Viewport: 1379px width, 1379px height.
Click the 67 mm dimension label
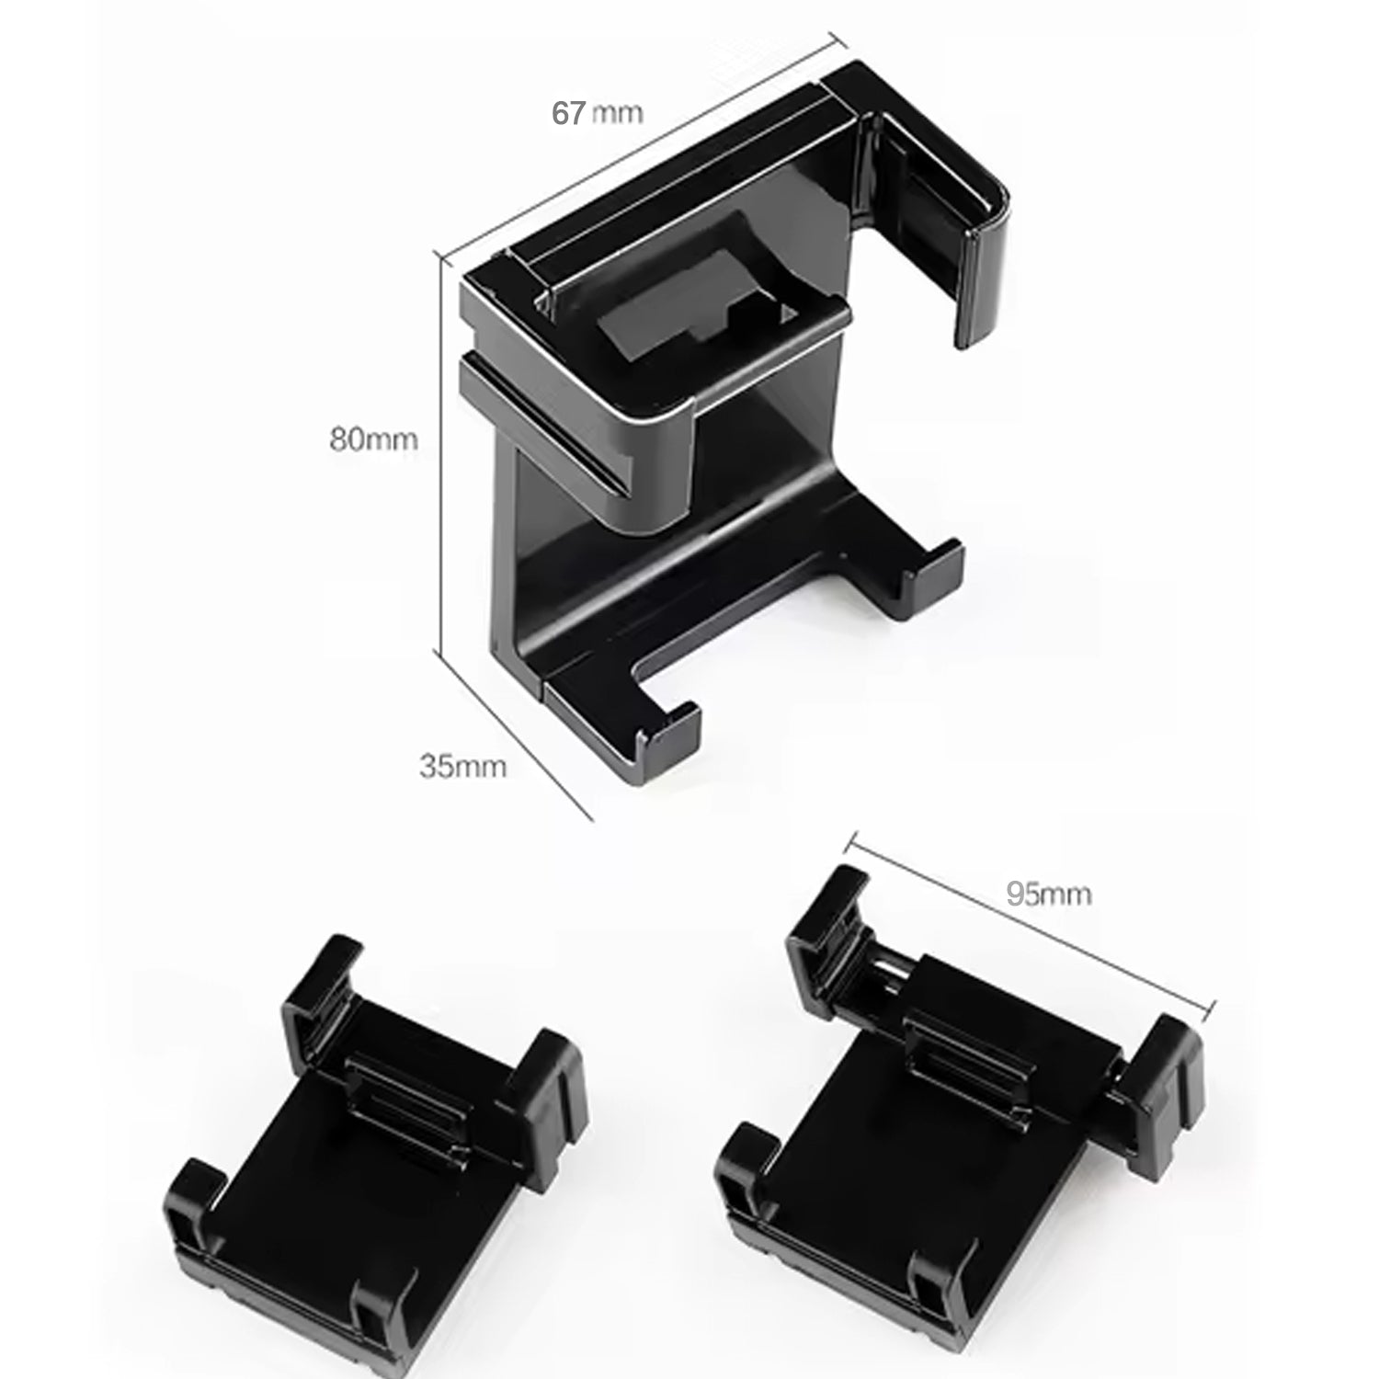tap(597, 113)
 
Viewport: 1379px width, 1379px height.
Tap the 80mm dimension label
tap(373, 439)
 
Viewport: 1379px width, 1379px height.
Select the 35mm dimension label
tap(462, 766)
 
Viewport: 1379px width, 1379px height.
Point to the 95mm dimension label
tap(1048, 893)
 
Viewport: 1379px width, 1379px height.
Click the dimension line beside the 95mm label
tap(1030, 919)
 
